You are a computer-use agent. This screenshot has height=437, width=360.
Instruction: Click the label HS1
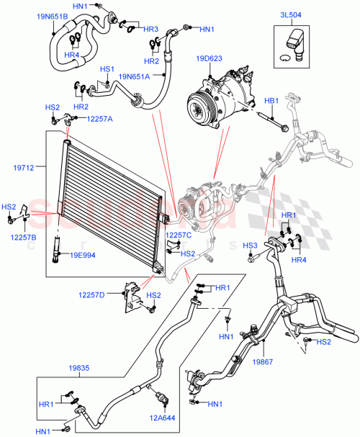pos(107,69)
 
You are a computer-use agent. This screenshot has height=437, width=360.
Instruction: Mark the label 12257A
pos(100,119)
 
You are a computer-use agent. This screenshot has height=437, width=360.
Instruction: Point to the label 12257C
pos(179,235)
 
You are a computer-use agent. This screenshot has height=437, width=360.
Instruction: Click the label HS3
pos(250,245)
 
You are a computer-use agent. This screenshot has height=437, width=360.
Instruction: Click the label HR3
pos(150,29)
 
